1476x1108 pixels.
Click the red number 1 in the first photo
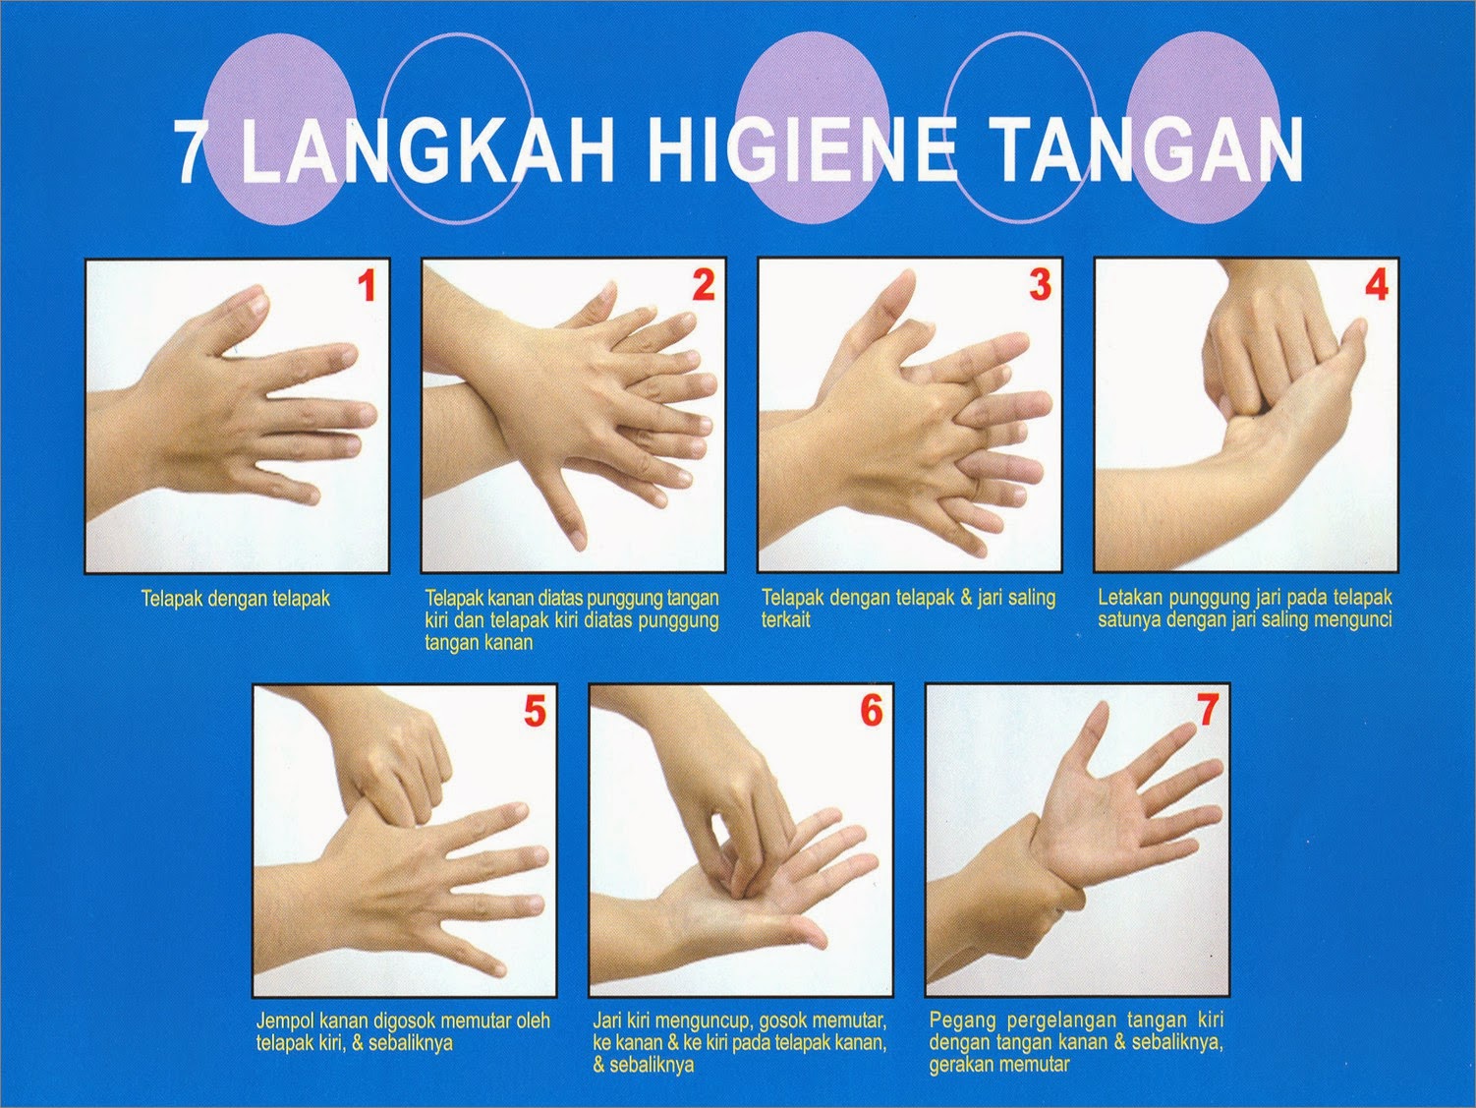(x=367, y=287)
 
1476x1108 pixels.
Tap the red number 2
(x=704, y=286)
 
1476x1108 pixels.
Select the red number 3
(x=1041, y=286)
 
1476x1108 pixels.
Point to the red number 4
(x=1377, y=286)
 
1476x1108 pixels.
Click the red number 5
(x=536, y=712)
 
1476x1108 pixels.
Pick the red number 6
(x=872, y=712)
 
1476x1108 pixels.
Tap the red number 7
(x=1207, y=712)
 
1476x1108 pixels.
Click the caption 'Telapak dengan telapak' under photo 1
(x=235, y=598)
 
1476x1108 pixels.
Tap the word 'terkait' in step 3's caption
(x=785, y=619)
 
